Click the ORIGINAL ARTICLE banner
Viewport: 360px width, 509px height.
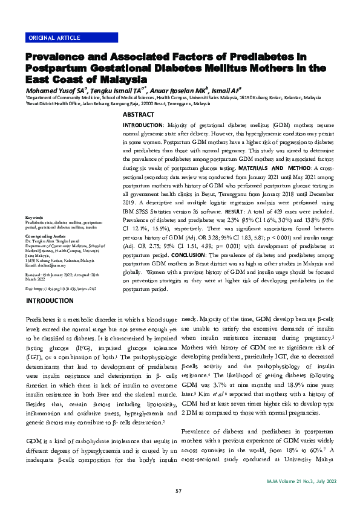click(x=54, y=37)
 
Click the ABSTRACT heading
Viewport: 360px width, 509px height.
click(x=139, y=114)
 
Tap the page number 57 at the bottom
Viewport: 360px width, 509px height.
click(x=179, y=490)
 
